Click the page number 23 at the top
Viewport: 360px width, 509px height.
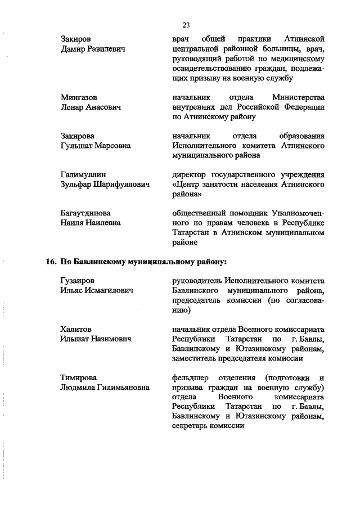point(186,24)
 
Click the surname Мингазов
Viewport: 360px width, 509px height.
point(78,97)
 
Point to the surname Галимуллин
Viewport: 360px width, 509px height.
point(82,174)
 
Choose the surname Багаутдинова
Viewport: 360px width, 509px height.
point(85,213)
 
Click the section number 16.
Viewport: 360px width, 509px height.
point(49,262)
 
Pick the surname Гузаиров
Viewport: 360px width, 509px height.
point(78,280)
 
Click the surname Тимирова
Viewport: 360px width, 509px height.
point(78,377)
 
